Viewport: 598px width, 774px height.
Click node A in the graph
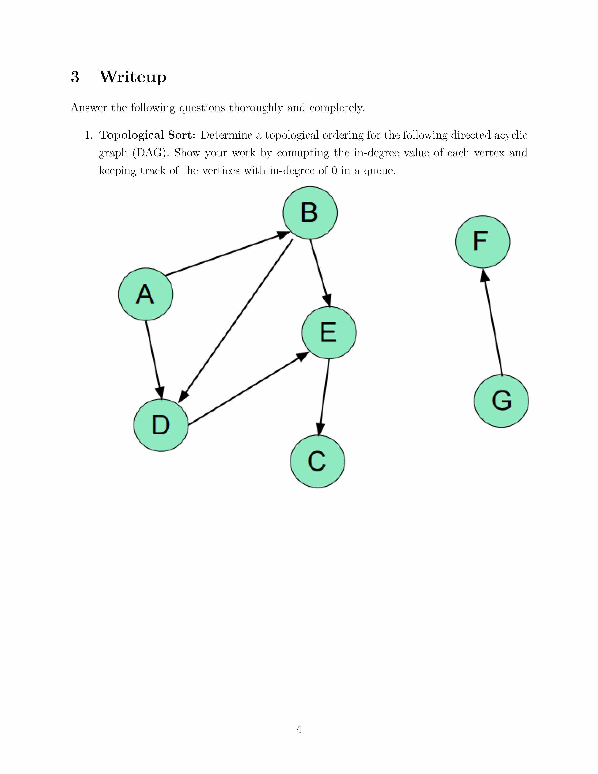[146, 294]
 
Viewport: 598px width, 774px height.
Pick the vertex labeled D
[161, 425]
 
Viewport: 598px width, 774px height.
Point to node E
[329, 332]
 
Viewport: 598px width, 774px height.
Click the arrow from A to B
[227, 254]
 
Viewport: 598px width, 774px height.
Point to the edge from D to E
[248, 389]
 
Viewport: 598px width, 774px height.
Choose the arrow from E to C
[324, 397]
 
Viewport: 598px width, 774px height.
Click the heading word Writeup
[132, 77]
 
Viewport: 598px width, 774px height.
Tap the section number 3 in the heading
[75, 77]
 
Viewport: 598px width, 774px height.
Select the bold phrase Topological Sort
[147, 135]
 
